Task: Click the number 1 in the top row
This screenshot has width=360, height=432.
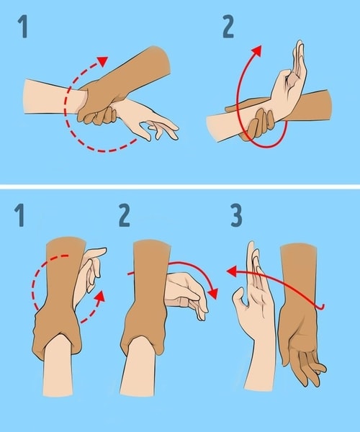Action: pos(24,30)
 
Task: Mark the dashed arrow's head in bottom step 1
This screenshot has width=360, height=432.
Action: pos(101,296)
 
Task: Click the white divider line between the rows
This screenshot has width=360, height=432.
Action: pos(180,186)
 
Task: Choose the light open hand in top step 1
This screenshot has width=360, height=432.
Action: pos(148,122)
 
